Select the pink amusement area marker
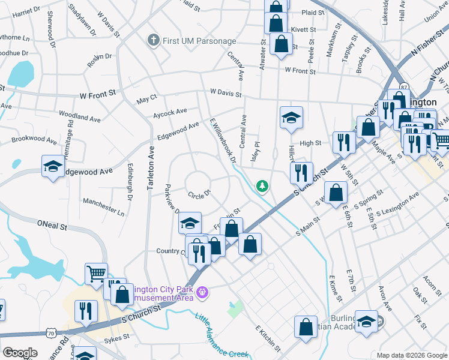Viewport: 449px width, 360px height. click(203, 292)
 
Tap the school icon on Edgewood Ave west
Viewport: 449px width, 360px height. click(53, 166)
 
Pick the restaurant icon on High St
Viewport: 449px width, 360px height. click(343, 142)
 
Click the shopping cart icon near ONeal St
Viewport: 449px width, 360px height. click(96, 274)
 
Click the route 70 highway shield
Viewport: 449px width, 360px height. click(52, 332)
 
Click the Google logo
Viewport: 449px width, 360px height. click(20, 353)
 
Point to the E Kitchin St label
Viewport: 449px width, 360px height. click(268, 339)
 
